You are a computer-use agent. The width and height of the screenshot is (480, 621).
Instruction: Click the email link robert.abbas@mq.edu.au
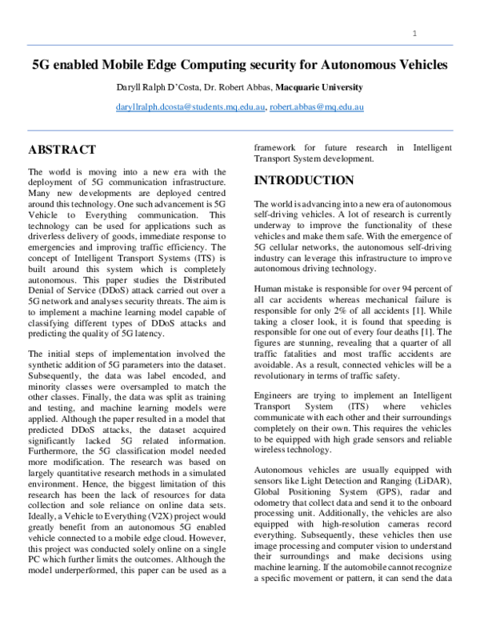pyautogui.click(x=317, y=106)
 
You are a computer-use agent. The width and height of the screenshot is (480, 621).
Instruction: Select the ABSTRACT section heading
pyautogui.click(x=62, y=150)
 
